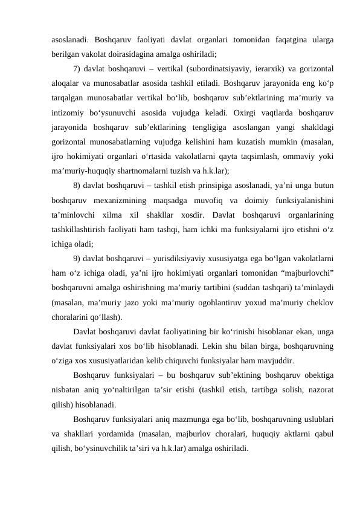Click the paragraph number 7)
click(77, 67)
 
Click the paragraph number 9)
click(77, 259)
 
